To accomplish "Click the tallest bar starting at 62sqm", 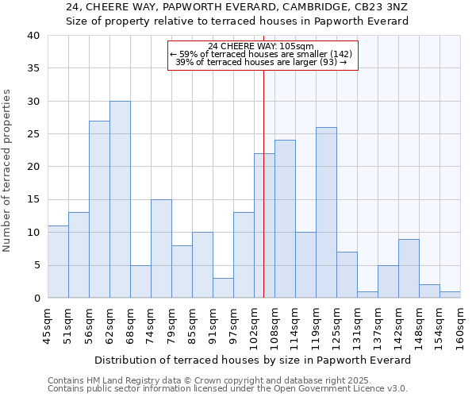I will (120, 199).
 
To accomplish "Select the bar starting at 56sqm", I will (99, 210).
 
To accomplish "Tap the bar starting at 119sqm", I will (326, 213).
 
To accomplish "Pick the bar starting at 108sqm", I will (285, 219).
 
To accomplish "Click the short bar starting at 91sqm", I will (223, 288).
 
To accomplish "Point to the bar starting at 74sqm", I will (161, 249).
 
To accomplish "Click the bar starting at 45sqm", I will (58, 262).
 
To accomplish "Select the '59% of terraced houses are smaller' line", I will (261, 54).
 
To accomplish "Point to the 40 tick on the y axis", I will (33, 36).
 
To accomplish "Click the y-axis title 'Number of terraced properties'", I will (7, 171).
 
